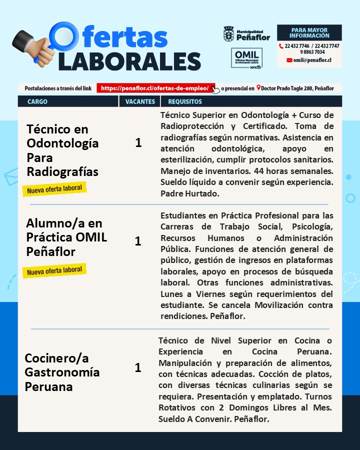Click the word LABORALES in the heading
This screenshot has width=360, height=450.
point(129,60)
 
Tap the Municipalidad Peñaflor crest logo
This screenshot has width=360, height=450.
point(228,33)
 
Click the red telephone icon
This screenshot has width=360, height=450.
point(281,46)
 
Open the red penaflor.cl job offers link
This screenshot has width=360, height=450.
point(155,88)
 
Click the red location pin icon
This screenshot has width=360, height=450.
point(258,88)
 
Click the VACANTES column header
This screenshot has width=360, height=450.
point(139,101)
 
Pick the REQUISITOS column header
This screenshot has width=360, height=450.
point(185,101)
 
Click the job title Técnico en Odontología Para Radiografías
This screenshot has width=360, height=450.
point(62,150)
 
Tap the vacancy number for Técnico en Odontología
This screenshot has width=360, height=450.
point(138,143)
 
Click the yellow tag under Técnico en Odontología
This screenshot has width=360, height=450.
point(54,189)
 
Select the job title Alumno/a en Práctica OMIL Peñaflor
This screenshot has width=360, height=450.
point(66,237)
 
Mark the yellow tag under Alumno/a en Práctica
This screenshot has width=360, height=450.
point(54,270)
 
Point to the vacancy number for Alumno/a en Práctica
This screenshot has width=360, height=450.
point(138,241)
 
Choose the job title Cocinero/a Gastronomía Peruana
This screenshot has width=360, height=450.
point(62,372)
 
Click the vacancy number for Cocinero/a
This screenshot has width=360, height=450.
point(138,368)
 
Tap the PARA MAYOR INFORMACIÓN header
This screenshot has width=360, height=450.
point(309,33)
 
